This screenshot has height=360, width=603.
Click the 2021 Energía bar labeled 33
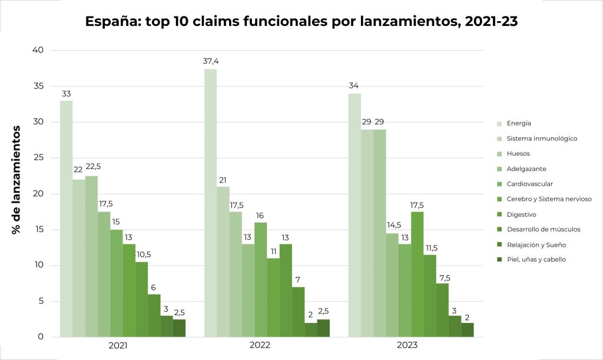67,219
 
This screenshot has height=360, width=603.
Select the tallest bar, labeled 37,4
210,203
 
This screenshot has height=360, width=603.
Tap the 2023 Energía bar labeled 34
354,215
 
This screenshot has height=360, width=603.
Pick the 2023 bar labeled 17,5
418,274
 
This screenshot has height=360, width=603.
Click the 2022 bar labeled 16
260,279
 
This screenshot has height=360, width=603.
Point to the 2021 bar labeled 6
154,315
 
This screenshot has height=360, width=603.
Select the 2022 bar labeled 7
298,312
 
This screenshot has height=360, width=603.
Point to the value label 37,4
210,61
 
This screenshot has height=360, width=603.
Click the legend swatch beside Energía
499,123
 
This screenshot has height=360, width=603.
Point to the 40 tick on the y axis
38,50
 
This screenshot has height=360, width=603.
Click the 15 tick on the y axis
38,230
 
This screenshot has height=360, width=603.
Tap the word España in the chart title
109,21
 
